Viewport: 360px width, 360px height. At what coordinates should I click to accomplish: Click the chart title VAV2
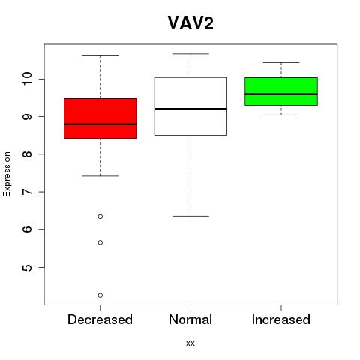190,23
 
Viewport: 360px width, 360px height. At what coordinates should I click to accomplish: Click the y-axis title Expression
7,174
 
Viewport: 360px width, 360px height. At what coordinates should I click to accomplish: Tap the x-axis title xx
190,343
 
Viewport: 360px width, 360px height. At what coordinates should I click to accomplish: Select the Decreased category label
100,319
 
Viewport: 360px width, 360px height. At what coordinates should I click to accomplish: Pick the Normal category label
190,319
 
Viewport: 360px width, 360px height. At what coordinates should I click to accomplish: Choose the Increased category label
281,319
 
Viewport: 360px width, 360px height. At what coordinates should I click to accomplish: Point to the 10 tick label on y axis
27,79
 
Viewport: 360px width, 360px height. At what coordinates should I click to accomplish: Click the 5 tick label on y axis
27,267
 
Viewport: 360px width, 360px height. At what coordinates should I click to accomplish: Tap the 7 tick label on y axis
27,192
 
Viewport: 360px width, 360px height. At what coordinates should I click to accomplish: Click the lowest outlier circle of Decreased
100,295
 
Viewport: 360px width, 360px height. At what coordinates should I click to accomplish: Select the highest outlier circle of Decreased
100,217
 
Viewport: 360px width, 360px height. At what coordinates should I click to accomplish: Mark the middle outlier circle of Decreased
100,242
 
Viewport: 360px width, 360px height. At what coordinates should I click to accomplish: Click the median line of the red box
100,124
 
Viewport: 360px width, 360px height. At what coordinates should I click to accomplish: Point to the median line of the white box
190,109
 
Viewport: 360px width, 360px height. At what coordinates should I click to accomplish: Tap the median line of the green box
281,94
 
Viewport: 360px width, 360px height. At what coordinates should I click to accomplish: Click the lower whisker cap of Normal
190,216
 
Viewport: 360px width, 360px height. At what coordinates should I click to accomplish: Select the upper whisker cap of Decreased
100,55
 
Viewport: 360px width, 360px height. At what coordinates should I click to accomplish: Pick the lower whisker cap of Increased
281,115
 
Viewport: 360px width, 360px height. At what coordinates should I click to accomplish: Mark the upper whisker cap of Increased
281,62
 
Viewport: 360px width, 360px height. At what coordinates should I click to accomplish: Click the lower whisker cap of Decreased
100,176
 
